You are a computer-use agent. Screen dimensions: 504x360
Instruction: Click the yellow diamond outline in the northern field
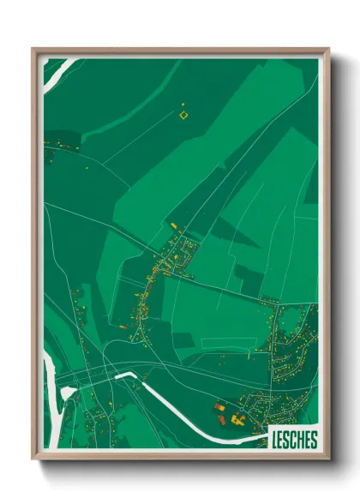[x=183, y=114]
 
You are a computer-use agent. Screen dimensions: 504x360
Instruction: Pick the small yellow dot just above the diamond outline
[x=183, y=105]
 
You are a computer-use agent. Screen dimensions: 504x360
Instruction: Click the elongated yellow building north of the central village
[x=174, y=225]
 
